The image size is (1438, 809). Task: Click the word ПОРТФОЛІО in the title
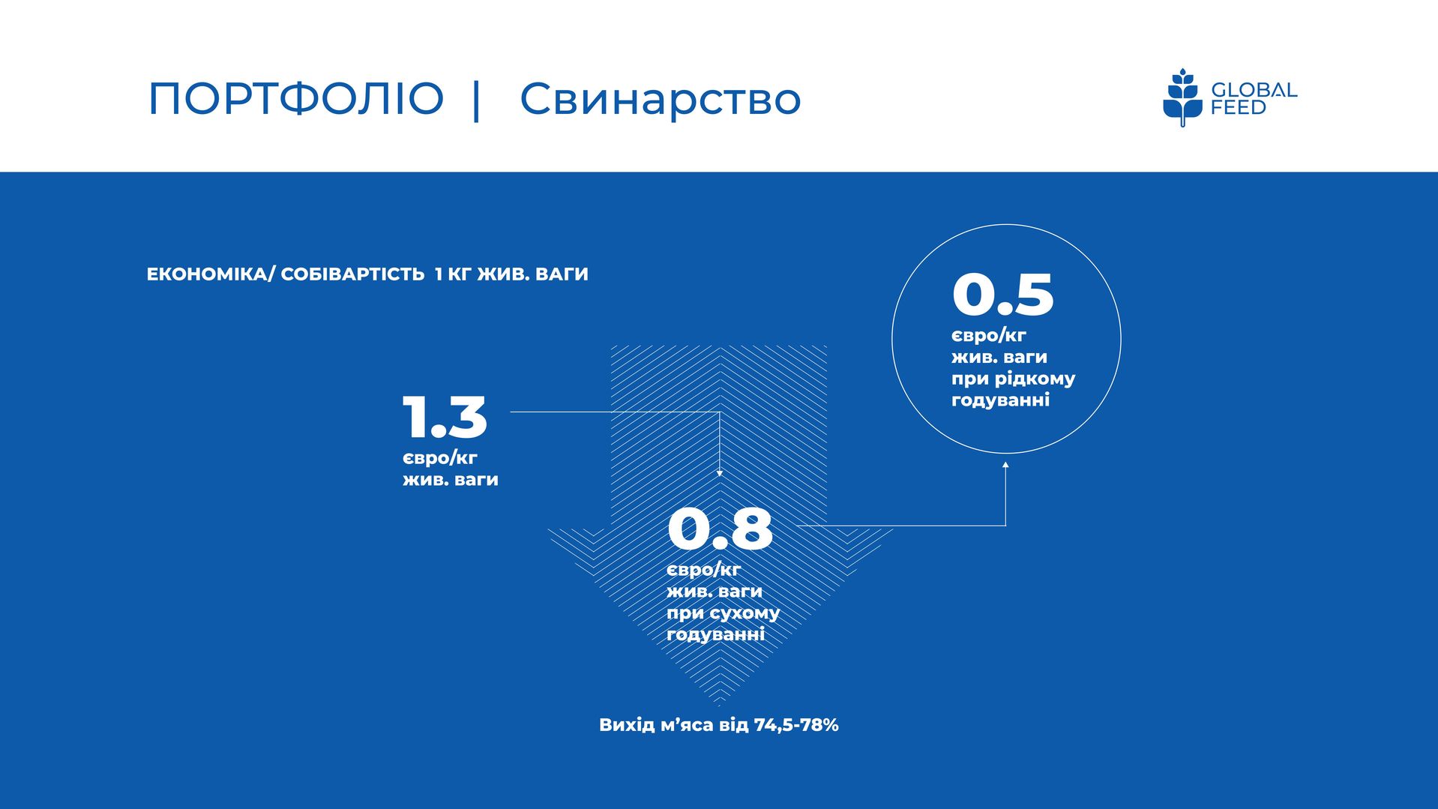(x=296, y=99)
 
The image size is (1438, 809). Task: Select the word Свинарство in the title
(x=661, y=99)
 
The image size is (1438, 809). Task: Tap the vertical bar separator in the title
(x=477, y=100)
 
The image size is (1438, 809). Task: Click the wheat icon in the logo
(x=1182, y=97)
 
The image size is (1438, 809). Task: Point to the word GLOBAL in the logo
(x=1254, y=91)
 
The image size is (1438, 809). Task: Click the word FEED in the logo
(x=1239, y=108)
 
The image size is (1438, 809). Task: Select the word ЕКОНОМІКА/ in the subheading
(x=211, y=274)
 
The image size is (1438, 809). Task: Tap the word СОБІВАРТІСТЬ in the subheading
(x=352, y=274)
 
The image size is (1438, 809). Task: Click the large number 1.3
(x=445, y=417)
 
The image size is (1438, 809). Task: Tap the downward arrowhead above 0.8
(x=720, y=473)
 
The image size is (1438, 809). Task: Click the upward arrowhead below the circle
(x=1005, y=466)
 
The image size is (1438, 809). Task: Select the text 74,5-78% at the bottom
(x=796, y=725)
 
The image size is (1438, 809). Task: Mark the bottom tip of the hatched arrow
(x=719, y=706)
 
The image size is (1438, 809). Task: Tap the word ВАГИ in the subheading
(x=562, y=274)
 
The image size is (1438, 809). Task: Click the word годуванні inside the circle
(x=1000, y=401)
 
